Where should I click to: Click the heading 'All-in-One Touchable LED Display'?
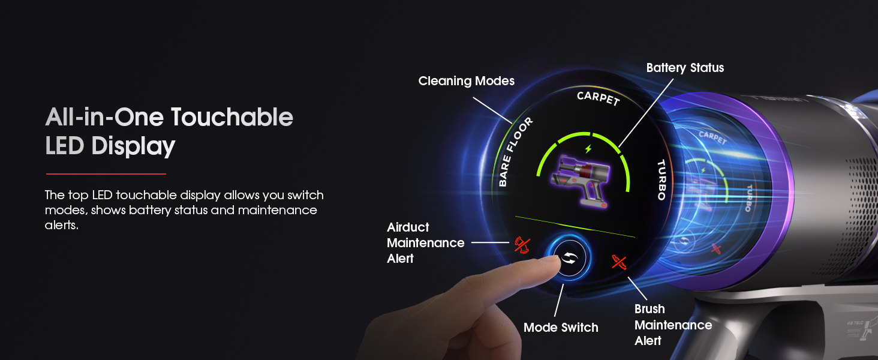[169, 131]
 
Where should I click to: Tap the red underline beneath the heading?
[106, 174]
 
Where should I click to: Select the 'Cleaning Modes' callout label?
[466, 81]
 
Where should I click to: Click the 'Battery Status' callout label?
[685, 68]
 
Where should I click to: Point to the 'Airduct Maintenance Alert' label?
[425, 243]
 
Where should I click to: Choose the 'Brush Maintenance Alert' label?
[673, 325]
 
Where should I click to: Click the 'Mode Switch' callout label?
[561, 328]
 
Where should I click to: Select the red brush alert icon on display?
[620, 262]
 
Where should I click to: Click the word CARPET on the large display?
[597, 98]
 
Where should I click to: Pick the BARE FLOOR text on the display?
[515, 152]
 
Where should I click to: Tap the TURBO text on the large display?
[661, 179]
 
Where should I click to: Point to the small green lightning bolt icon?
[588, 148]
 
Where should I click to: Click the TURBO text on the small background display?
[748, 198]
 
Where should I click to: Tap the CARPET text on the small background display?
[712, 138]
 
